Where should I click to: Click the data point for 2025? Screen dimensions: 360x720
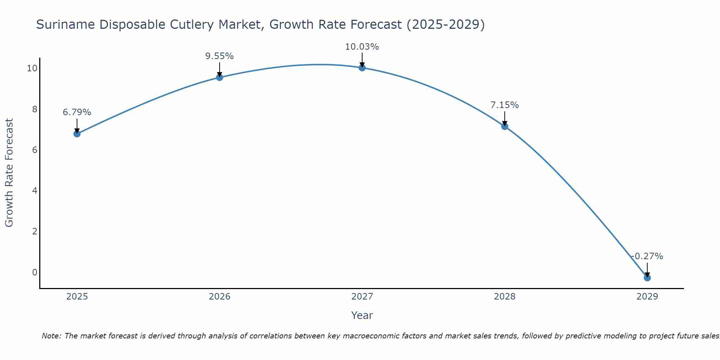[77, 134]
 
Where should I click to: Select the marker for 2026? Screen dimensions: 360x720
[220, 77]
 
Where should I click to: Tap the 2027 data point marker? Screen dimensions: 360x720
[362, 68]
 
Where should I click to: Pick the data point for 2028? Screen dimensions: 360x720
[505, 126]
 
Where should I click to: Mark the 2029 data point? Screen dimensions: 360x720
[647, 278]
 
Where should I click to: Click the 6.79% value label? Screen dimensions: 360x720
[77, 112]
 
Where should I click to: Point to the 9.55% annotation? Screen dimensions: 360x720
[220, 56]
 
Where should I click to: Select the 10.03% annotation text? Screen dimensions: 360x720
[362, 47]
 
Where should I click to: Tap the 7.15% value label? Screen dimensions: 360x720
[505, 105]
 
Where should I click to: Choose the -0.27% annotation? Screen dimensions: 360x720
[647, 256]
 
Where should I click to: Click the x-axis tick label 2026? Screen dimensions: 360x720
[220, 297]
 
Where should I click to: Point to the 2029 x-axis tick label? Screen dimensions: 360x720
[647, 297]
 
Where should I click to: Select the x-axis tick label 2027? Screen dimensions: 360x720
[362, 297]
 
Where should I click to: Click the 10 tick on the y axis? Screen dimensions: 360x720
[32, 68]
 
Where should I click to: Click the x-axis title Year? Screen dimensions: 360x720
[362, 315]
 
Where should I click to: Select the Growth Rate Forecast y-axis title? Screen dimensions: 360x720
[9, 173]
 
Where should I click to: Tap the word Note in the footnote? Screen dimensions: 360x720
[51, 336]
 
